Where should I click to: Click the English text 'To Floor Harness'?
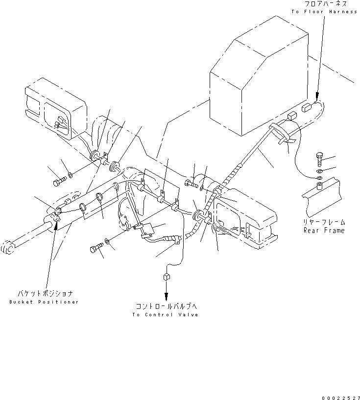[x=324, y=11]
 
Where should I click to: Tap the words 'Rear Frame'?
[x=324, y=230]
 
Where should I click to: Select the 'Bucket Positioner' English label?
[x=44, y=302]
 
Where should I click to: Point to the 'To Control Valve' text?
[x=165, y=314]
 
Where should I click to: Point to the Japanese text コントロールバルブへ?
[x=166, y=306]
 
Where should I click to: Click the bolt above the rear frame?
[x=319, y=157]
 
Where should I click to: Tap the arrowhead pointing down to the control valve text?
[x=166, y=296]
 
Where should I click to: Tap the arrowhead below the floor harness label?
[x=316, y=96]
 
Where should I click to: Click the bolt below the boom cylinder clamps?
[x=96, y=249]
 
